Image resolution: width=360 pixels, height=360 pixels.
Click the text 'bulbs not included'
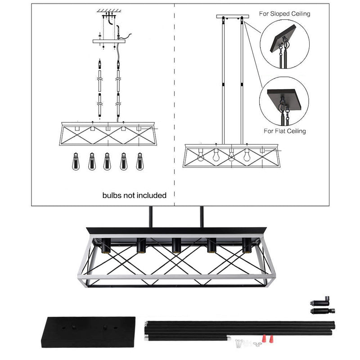click(134, 196)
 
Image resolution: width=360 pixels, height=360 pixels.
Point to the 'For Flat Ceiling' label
click(284, 131)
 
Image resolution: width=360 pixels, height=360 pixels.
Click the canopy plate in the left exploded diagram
click(108, 41)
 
